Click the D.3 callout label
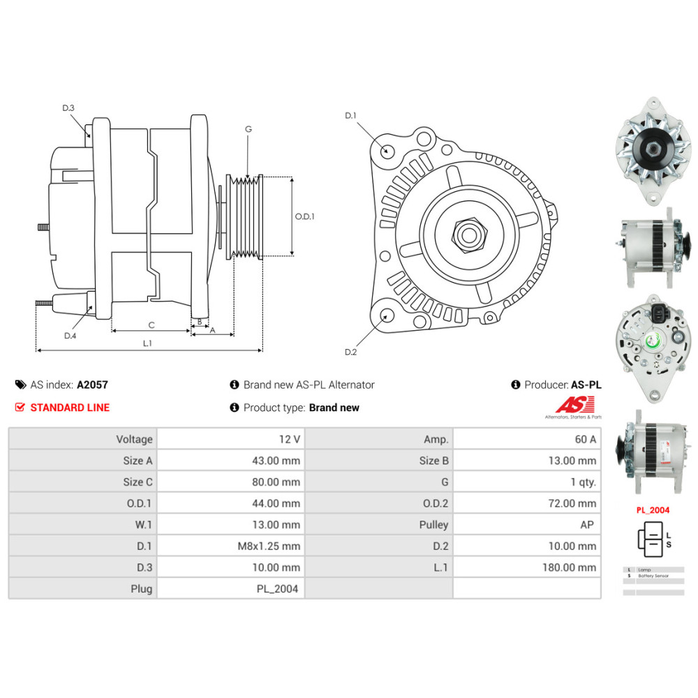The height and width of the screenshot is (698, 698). click(x=68, y=107)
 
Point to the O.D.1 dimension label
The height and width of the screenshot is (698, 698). click(x=304, y=216)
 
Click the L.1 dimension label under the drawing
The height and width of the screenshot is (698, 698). click(x=147, y=343)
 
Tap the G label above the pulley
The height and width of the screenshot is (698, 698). click(x=248, y=129)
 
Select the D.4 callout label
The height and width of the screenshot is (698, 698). click(x=70, y=336)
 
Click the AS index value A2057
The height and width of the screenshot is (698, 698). click(x=92, y=385)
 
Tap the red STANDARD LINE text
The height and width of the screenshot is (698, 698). click(x=70, y=408)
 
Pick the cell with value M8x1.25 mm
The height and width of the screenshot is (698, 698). click(x=269, y=546)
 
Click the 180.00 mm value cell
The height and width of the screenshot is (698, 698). click(x=569, y=567)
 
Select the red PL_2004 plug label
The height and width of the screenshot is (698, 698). click(x=652, y=510)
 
